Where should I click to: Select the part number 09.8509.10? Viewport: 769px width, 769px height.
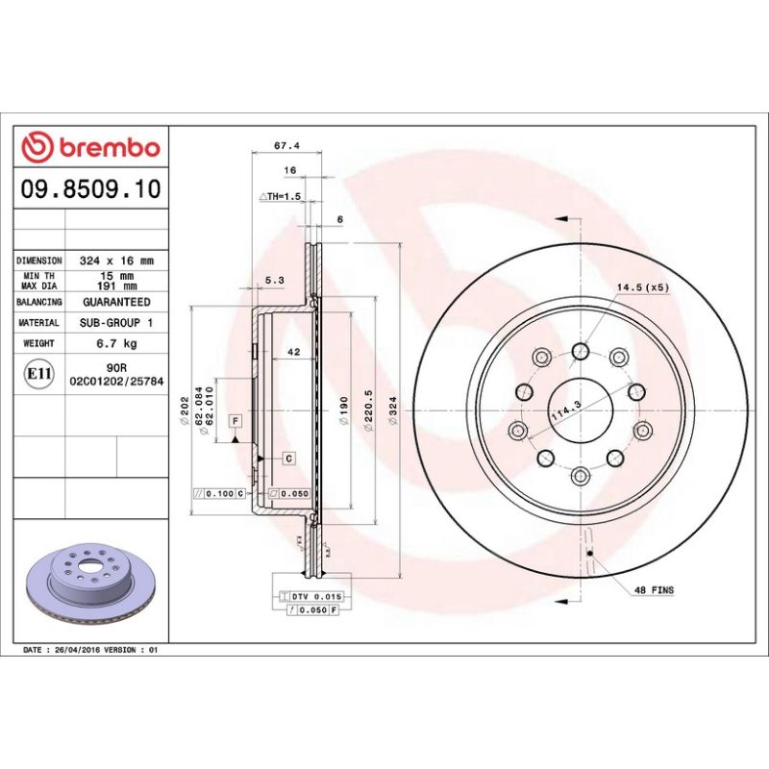90,189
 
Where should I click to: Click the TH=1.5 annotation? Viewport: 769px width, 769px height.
282,196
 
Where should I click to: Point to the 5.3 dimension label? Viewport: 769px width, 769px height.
273,281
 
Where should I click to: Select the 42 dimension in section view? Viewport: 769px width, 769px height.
294,353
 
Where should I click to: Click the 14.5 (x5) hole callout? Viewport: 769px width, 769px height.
643,287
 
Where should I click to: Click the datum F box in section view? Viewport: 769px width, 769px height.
234,421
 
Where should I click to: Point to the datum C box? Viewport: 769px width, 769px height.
287,459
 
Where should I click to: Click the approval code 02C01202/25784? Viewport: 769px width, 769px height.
116,382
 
